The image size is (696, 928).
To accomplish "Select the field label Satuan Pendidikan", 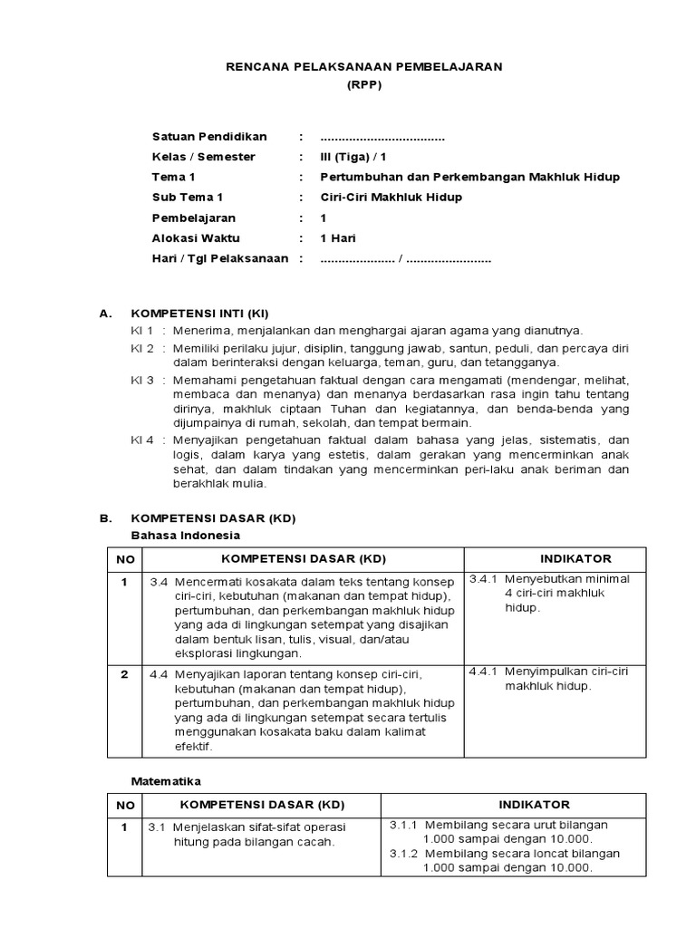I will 209,137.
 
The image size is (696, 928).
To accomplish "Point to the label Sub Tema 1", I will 188,198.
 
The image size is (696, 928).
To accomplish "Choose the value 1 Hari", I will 338,238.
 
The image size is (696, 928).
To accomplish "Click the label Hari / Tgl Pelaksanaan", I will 220,258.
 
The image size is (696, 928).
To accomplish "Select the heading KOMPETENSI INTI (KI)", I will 200,314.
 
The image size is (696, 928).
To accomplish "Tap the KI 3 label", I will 142,380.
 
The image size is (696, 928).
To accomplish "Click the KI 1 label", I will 142,331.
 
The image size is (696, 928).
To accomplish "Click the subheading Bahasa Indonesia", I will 179,536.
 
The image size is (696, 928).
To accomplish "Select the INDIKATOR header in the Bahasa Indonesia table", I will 575,558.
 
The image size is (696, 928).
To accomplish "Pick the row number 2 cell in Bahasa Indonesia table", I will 124,674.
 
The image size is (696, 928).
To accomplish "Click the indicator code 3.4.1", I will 486,578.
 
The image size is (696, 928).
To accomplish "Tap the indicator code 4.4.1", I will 486,672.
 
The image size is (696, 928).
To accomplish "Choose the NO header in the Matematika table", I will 125,805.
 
